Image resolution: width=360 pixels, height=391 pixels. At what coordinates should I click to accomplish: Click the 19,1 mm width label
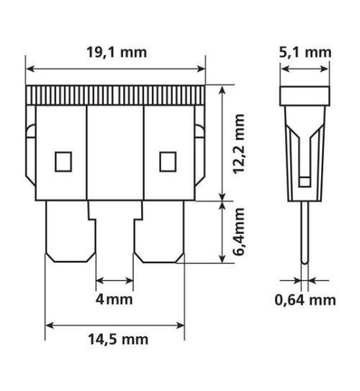(116, 52)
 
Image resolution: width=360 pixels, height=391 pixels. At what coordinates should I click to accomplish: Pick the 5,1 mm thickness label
(305, 52)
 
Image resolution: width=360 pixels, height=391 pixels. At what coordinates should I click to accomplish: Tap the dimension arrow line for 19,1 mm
(116, 69)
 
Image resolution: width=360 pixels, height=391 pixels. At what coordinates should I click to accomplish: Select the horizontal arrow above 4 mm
(115, 280)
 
